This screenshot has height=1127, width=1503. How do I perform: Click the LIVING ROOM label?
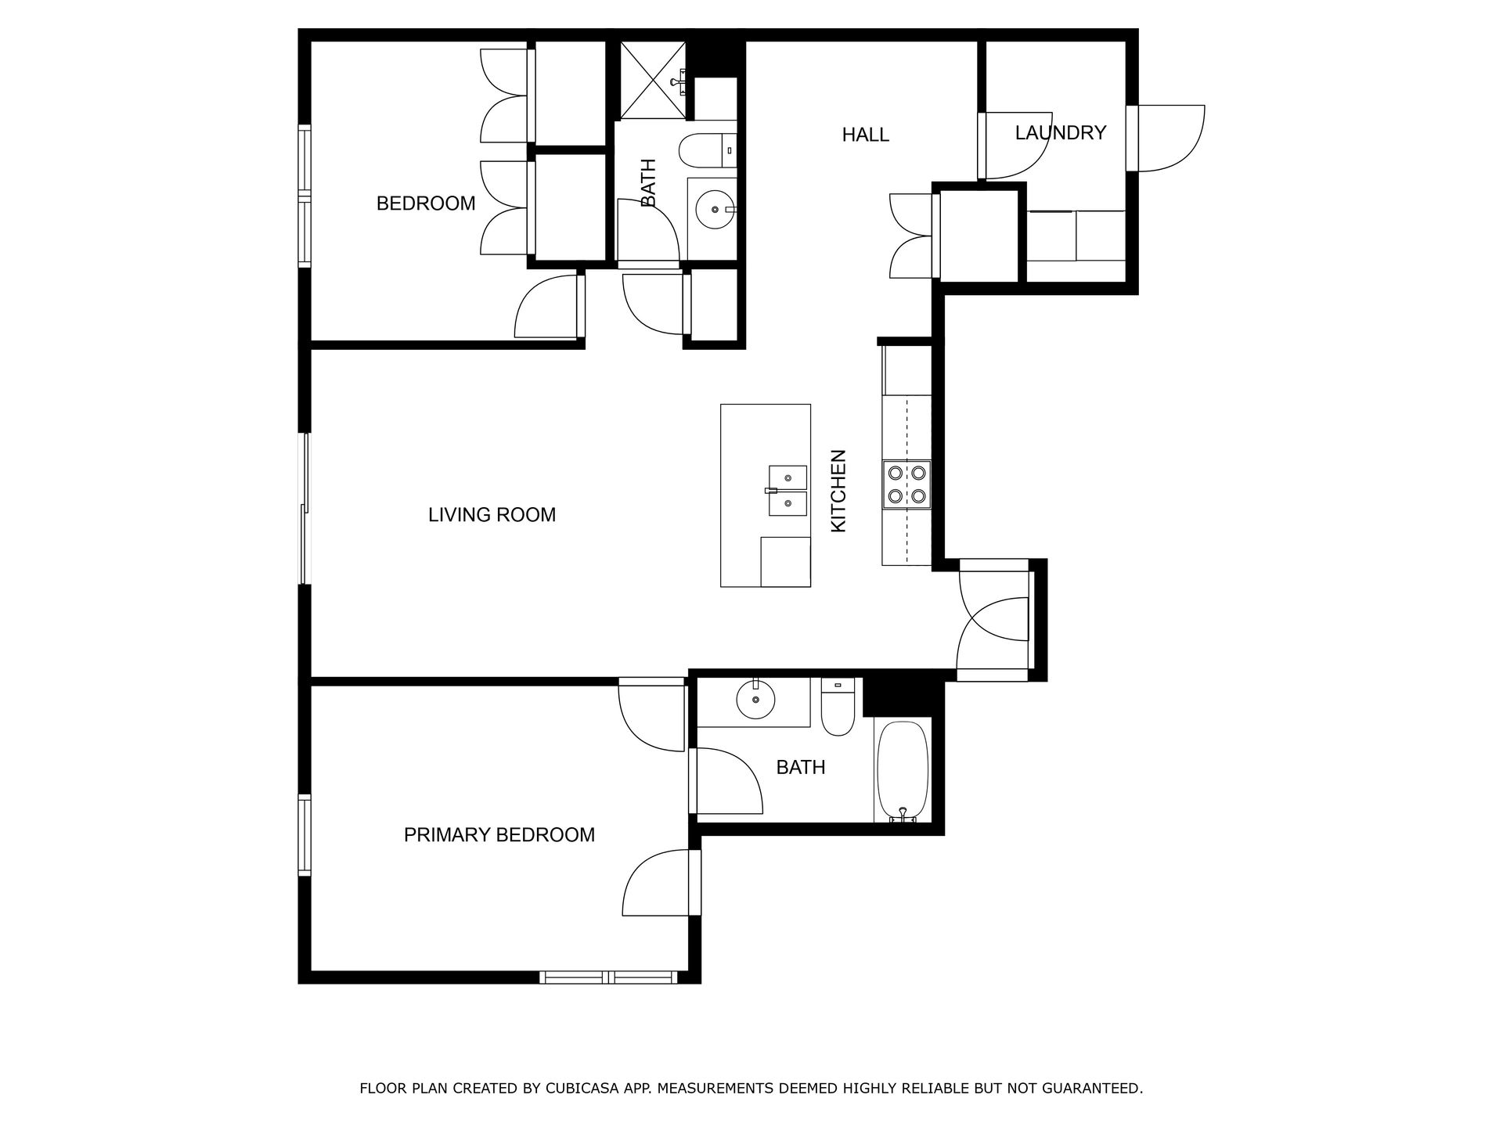click(492, 515)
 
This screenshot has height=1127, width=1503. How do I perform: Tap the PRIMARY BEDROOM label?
click(499, 835)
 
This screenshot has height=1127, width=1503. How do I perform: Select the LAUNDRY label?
click(1061, 133)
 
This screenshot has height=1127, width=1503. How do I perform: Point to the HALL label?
click(866, 135)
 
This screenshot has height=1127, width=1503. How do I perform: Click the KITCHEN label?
click(838, 491)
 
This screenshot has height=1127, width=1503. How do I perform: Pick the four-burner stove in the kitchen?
click(907, 484)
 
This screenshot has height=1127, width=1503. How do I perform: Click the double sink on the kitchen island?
click(787, 491)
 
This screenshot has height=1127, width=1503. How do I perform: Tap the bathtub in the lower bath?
click(903, 771)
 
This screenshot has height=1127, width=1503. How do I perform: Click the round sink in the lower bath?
click(755, 700)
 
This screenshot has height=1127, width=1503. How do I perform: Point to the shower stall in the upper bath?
click(653, 80)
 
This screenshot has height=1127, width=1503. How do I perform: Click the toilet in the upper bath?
click(708, 151)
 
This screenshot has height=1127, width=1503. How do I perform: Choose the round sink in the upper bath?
click(715, 210)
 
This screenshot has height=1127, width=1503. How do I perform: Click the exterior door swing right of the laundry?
click(1171, 138)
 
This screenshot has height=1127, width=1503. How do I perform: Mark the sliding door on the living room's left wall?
click(306, 509)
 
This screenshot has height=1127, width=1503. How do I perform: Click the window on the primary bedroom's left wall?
click(305, 834)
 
